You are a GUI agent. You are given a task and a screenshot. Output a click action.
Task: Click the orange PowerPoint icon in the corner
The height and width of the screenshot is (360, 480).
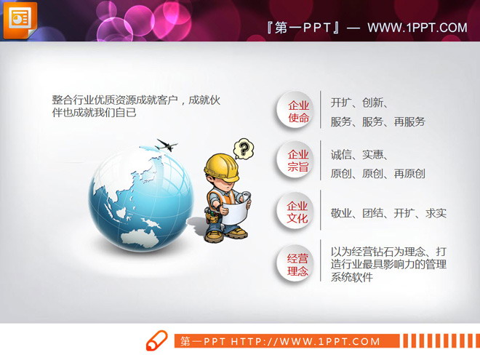[x=20, y=20]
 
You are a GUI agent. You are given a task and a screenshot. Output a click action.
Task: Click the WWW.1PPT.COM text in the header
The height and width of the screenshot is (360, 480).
[x=417, y=28]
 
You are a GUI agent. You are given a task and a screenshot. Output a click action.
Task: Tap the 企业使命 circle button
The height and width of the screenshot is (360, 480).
[x=297, y=111]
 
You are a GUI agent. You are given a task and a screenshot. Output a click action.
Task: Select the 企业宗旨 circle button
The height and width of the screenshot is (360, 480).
[x=297, y=161]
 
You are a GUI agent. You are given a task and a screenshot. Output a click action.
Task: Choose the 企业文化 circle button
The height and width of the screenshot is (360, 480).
[x=297, y=212]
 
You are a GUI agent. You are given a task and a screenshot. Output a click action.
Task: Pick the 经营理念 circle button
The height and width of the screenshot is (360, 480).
[x=297, y=264]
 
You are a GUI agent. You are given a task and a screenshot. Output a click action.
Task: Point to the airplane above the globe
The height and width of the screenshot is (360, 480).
[x=167, y=145]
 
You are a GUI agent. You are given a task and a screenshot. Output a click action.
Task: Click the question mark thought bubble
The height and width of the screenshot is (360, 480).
[x=245, y=148]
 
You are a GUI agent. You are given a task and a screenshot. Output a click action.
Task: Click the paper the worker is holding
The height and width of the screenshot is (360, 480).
[x=236, y=206]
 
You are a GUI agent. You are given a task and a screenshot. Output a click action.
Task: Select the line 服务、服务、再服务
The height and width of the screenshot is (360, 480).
[x=377, y=121]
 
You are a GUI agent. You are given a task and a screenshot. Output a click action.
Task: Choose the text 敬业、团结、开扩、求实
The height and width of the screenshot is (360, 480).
[x=388, y=212]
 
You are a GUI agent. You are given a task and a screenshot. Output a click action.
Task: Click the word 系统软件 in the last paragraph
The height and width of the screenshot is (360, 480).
[x=351, y=277]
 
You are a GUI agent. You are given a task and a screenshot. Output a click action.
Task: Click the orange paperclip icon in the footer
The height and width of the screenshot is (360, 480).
[x=156, y=340]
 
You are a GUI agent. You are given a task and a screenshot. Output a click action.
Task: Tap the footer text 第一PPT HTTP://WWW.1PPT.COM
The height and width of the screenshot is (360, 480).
[x=280, y=341]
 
